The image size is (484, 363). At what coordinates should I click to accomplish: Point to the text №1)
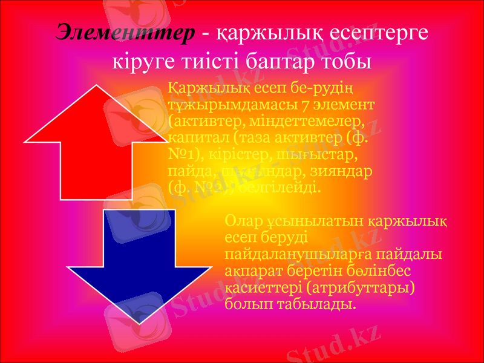183,155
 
